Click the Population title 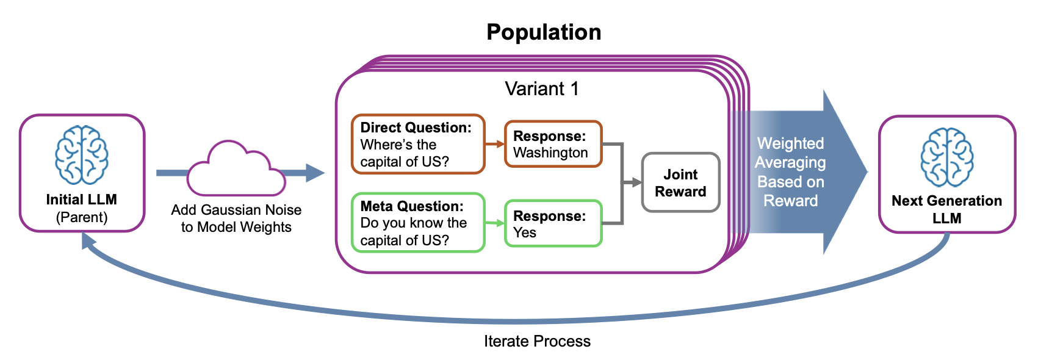544,32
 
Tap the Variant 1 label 541,89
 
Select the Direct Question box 418,144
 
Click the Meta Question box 418,223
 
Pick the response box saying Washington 553,144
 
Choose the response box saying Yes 553,223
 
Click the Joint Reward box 680,182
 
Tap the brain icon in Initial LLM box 82,155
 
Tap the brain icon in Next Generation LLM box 946,157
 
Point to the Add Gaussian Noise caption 236,218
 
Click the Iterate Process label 537,341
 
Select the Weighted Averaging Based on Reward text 790,172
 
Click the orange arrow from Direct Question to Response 495,144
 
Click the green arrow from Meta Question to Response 495,223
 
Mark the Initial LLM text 81,200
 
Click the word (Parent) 81,217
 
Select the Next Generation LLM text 946,209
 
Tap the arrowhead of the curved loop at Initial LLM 88,242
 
